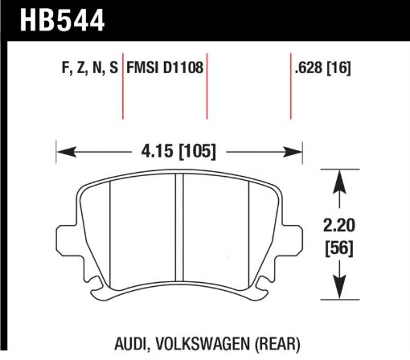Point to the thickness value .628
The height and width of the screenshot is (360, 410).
(312, 70)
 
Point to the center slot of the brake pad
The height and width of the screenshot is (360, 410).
(180, 233)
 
